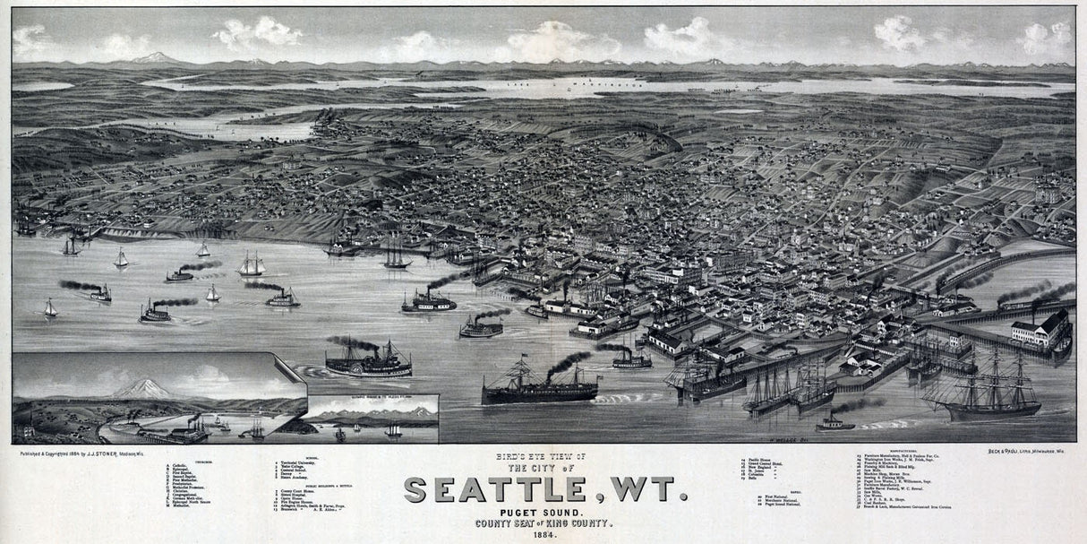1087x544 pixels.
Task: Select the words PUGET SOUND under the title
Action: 543,512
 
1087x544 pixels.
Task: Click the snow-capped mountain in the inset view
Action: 143,389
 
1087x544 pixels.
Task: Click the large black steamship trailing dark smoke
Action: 539,388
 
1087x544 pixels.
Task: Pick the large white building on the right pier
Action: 1040,330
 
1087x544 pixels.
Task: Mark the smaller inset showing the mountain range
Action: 371,419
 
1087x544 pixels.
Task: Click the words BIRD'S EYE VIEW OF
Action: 543,457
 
